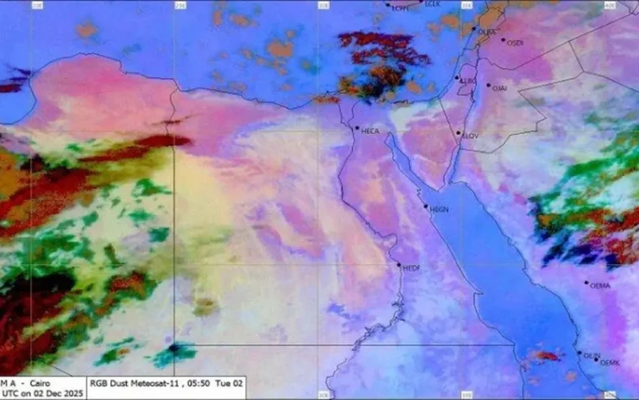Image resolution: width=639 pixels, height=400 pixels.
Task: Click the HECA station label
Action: [x=371, y=130]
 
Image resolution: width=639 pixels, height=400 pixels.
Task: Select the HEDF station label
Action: [x=411, y=267]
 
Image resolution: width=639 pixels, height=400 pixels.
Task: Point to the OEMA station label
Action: [x=599, y=286]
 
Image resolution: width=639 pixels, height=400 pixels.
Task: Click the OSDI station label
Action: [x=515, y=43]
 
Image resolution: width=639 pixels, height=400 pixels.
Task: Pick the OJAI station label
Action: [x=500, y=88]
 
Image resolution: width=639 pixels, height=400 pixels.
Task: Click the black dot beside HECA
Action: [x=357, y=127]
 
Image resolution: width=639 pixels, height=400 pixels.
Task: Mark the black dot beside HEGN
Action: [x=426, y=206]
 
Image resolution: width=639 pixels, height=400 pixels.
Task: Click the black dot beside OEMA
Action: [x=585, y=282]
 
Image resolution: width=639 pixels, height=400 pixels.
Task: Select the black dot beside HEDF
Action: [x=399, y=265]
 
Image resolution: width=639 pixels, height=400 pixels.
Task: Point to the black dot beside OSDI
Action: [x=503, y=40]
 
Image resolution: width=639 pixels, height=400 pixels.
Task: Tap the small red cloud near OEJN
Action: [x=547, y=355]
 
